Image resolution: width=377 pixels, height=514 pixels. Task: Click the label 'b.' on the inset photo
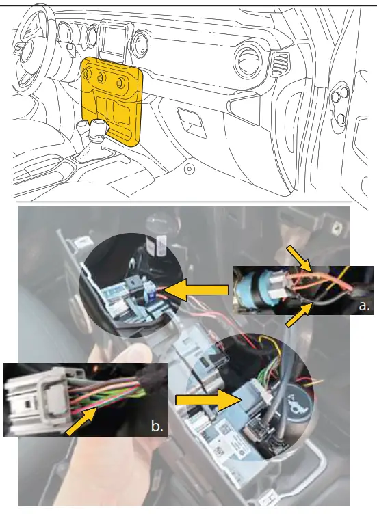(x=157, y=427)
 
